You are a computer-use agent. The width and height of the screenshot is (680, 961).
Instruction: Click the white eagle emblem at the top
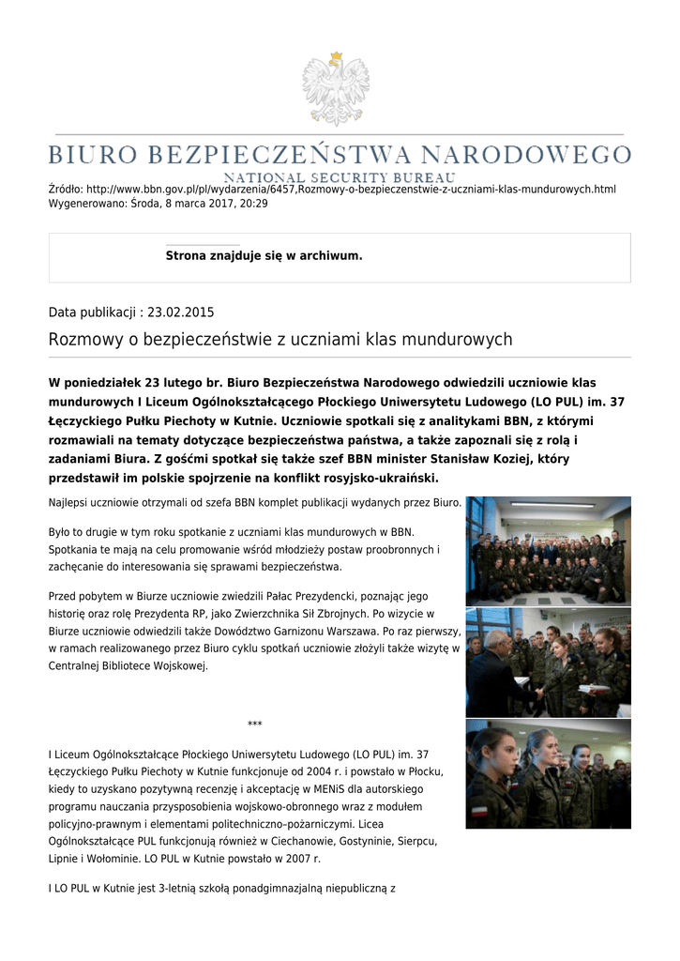click(335, 89)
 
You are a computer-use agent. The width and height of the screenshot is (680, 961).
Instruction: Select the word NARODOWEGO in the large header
click(526, 154)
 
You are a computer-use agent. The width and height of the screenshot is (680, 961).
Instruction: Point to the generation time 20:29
click(254, 203)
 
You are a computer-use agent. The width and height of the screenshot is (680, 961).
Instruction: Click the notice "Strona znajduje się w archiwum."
click(264, 255)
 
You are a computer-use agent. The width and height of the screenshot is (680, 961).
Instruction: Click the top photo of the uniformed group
click(548, 551)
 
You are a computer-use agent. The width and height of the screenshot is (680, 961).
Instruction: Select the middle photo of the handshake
click(548, 662)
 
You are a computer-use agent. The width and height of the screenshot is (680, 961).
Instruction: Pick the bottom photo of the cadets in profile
click(548, 774)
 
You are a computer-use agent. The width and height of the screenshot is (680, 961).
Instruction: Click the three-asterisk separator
click(254, 725)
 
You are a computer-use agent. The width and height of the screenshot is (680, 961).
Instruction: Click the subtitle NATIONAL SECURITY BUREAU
click(339, 176)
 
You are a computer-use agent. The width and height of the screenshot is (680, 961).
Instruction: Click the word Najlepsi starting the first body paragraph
click(70, 503)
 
